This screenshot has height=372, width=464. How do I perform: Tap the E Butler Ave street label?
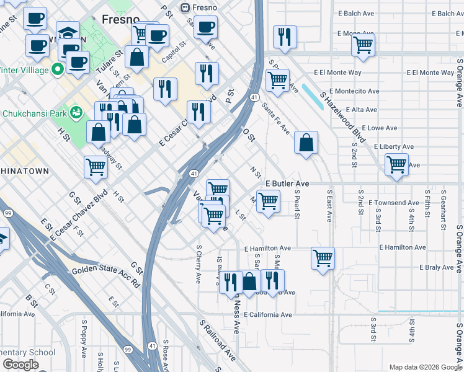point(287,184)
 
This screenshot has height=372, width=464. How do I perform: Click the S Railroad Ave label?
point(218,340)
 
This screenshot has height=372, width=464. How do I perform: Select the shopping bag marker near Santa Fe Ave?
point(306,143)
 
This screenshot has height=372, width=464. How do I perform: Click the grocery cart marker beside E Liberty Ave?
point(396,165)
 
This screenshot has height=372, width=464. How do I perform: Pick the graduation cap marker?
point(68,32)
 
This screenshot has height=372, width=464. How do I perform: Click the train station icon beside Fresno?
point(184,7)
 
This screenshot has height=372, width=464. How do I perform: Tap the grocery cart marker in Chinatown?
point(96,166)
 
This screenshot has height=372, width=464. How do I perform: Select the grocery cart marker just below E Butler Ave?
point(268,201)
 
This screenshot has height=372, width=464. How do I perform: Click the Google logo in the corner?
point(20,365)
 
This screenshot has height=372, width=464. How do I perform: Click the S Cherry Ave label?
point(199,264)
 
